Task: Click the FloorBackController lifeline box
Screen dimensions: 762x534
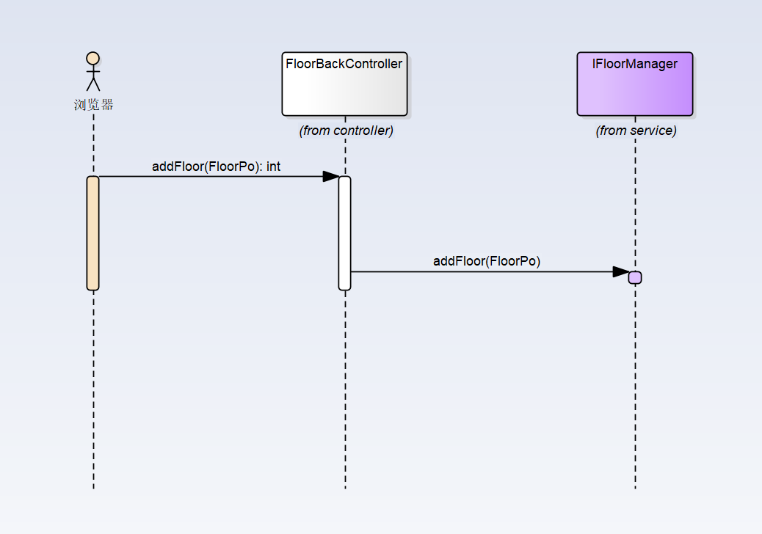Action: (344, 84)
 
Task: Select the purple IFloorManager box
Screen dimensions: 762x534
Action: (635, 84)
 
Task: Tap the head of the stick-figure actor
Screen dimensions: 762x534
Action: (92, 58)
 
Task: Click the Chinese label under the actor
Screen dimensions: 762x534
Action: (93, 105)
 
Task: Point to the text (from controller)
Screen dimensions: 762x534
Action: (346, 131)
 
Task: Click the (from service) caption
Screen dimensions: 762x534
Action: (636, 131)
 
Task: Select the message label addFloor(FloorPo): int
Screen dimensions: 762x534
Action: (216, 167)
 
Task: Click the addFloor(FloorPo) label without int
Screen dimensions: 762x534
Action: (487, 261)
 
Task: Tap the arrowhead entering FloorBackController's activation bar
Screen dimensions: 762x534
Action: (331, 176)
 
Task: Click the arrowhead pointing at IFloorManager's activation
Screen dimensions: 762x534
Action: (621, 272)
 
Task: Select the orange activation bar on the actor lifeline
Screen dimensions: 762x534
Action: (92, 233)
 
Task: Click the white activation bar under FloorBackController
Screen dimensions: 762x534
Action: (344, 233)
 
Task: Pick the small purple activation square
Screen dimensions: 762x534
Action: (635, 278)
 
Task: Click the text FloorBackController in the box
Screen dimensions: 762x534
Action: (344, 64)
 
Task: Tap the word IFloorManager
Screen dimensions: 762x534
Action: (635, 64)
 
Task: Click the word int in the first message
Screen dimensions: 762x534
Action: (273, 167)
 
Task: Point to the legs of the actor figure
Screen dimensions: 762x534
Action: (93, 84)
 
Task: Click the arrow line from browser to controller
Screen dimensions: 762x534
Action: (219, 176)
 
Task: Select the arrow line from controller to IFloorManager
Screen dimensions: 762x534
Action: (490, 272)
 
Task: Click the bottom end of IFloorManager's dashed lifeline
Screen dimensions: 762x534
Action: (635, 489)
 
